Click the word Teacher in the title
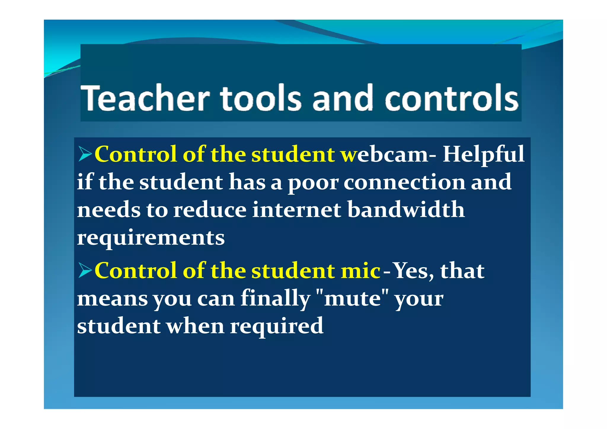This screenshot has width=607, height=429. tap(145, 98)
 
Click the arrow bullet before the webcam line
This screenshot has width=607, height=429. tap(85, 154)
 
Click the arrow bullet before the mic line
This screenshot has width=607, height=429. tap(85, 270)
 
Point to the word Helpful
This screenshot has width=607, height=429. tap(483, 155)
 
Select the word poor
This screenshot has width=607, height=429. tap(313, 183)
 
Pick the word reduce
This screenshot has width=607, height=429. tap(210, 210)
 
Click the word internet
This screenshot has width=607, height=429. tap(296, 210)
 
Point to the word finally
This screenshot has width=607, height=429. tap(275, 299)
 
